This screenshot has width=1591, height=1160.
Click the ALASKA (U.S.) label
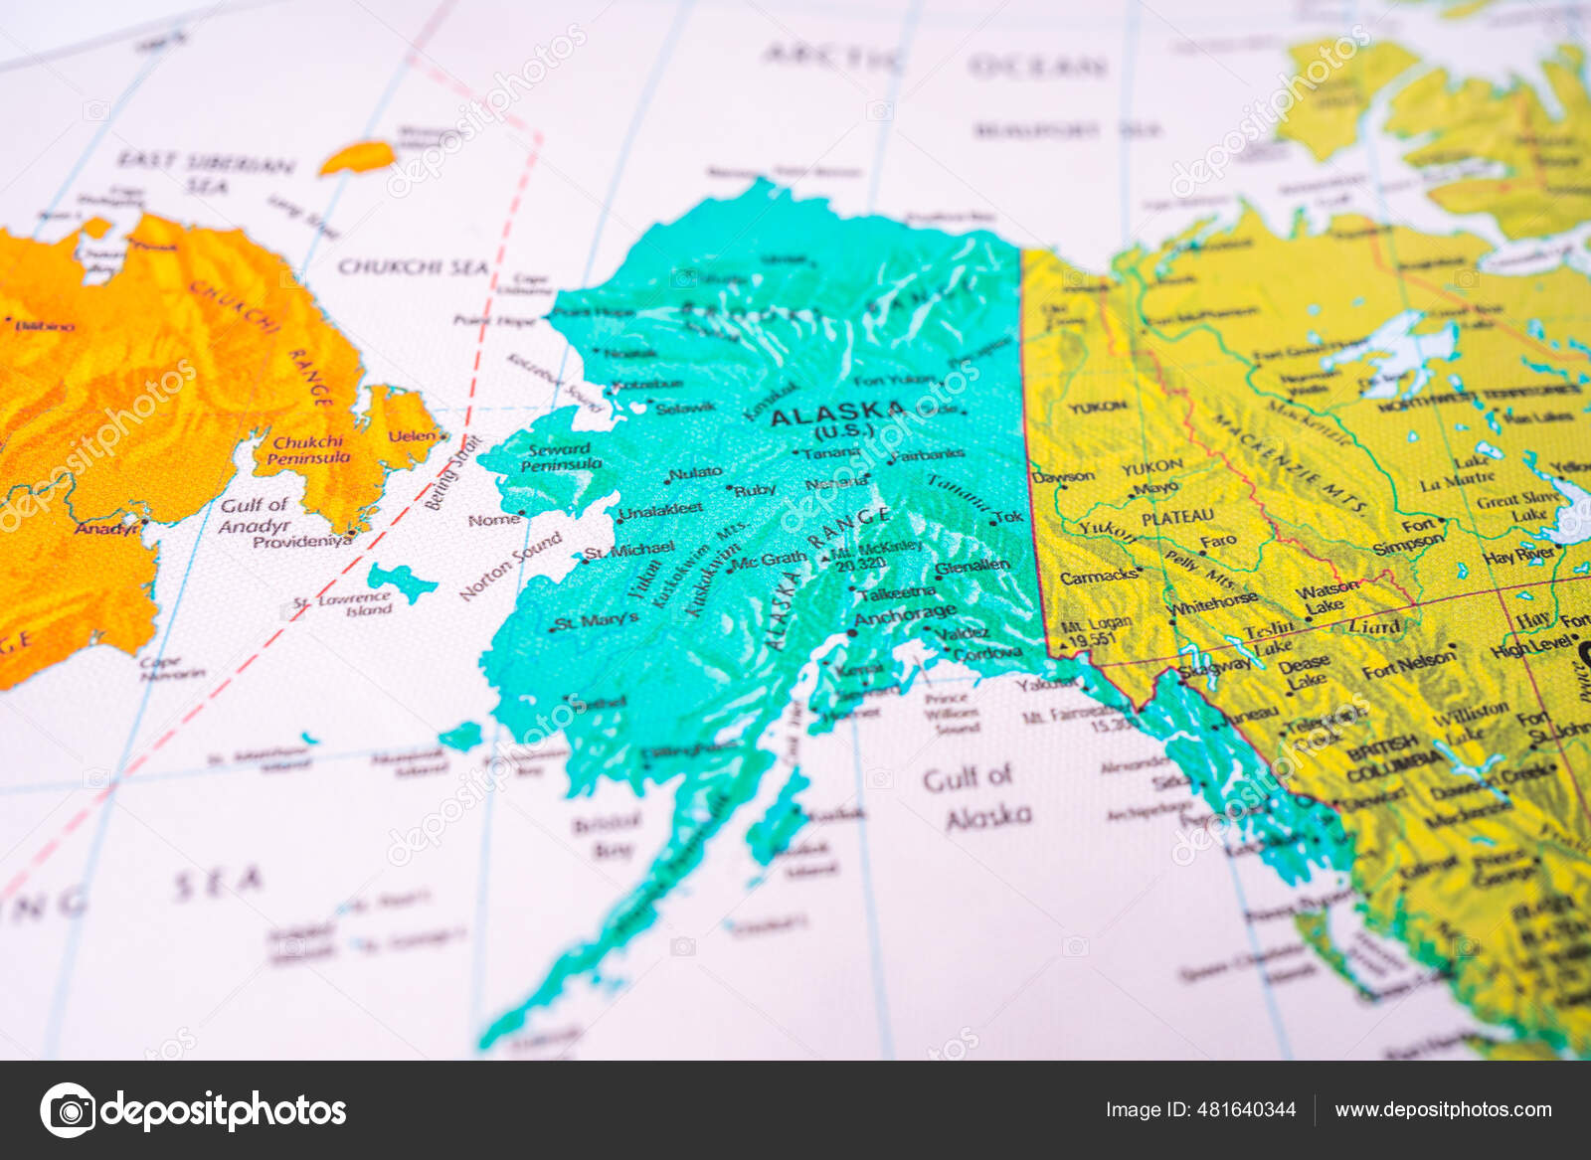click(x=838, y=420)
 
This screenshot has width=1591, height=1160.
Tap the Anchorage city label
click(x=905, y=616)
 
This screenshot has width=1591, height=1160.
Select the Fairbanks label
click(x=929, y=454)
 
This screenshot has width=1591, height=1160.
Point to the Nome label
click(x=493, y=520)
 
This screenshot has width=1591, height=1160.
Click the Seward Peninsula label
click(x=561, y=456)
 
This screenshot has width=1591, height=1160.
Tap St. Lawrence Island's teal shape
click(x=401, y=580)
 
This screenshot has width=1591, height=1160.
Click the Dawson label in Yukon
click(x=1064, y=476)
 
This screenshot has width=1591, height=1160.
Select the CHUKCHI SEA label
click(x=413, y=267)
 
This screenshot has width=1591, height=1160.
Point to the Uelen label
click(x=412, y=435)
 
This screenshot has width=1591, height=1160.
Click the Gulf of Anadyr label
click(x=255, y=515)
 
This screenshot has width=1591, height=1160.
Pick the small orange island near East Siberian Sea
click(x=358, y=157)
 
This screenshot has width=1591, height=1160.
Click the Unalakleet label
click(x=660, y=510)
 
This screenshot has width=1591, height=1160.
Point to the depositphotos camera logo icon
click(x=68, y=1109)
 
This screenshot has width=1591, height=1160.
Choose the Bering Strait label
click(x=453, y=473)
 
